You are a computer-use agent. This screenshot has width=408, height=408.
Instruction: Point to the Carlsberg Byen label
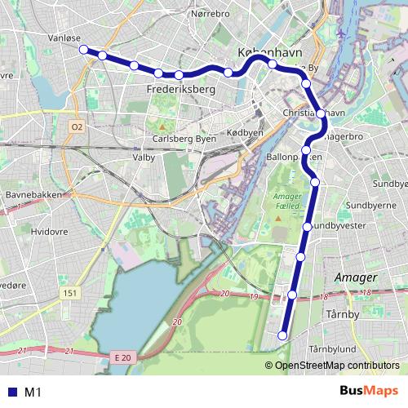tap(184, 139)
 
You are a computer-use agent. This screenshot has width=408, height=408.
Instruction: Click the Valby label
tap(144, 156)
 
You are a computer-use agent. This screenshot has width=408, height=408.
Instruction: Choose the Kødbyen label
tap(245, 132)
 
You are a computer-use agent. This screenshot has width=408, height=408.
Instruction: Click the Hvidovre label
tap(47, 231)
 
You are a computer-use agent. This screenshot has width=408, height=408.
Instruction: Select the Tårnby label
tap(341, 313)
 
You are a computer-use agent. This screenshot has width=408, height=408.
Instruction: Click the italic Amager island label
tap(354, 277)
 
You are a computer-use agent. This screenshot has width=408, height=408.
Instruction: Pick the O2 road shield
tap(77, 126)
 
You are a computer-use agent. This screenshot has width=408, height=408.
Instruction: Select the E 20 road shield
tap(123, 357)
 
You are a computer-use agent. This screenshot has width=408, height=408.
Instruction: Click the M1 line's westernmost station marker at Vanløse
tap(83, 50)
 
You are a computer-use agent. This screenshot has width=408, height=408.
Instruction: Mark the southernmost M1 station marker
tap(283, 335)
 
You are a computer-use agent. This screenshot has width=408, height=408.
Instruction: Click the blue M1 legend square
tap(10, 392)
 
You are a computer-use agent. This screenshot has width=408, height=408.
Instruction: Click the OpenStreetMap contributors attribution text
tap(337, 366)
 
